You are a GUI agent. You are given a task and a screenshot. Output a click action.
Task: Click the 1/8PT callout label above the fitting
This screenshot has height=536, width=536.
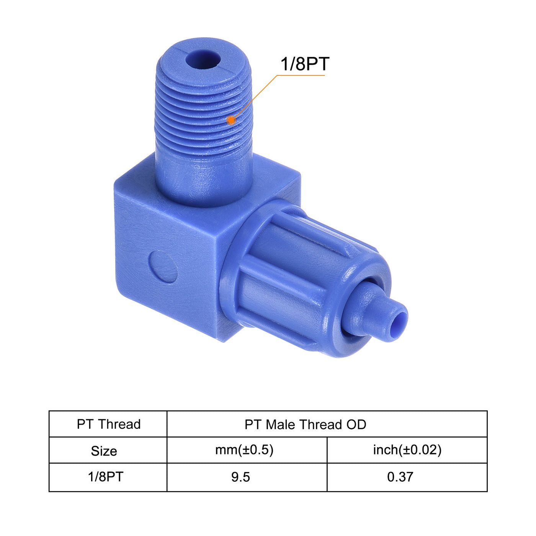pos(305,64)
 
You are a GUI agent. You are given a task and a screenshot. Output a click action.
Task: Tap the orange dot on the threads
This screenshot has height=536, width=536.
pos(231,120)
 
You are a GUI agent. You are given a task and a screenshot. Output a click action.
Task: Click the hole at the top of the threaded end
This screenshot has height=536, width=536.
pos(203,60)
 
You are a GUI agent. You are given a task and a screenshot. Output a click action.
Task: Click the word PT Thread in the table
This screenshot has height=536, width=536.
pos(109,424)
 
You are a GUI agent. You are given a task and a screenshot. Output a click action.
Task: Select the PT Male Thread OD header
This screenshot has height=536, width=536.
pos(305,424)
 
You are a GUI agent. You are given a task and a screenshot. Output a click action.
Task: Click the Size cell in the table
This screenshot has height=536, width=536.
pos(104,451)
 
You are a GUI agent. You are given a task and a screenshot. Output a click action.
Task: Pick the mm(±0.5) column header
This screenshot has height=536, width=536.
pos(244,450)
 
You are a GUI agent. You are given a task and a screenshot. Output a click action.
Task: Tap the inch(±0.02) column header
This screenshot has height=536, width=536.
pos(407,450)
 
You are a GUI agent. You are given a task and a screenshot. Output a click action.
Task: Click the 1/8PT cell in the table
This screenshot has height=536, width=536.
pos(106,477)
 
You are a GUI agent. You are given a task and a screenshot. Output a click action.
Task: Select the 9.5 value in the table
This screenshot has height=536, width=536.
pos(240,477)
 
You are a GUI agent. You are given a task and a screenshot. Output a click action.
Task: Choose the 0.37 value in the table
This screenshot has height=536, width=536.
pos(400,477)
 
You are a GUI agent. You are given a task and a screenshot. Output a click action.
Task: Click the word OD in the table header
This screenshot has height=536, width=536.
pos(356,424)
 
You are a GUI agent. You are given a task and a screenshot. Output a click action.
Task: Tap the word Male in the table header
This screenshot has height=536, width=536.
pos(281,424)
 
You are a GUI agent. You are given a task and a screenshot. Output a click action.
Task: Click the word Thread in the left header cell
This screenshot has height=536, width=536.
pos(119,424)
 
